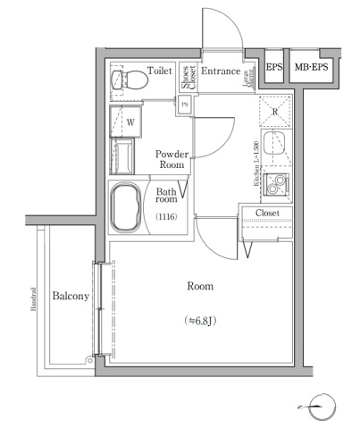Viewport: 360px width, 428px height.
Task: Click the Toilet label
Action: [x=160, y=70]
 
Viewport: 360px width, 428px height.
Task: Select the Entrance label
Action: [x=221, y=71]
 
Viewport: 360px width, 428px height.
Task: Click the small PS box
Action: [x=185, y=104]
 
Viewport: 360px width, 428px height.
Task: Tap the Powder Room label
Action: [x=171, y=159]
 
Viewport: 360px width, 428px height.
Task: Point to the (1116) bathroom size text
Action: [x=167, y=217]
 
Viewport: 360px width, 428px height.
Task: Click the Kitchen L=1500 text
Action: [x=255, y=163]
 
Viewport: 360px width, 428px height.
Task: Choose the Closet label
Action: [x=267, y=213]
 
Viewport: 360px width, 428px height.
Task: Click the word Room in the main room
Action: [x=199, y=286]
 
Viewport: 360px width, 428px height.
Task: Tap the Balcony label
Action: [x=70, y=297]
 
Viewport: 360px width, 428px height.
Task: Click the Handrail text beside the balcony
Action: [x=33, y=301]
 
